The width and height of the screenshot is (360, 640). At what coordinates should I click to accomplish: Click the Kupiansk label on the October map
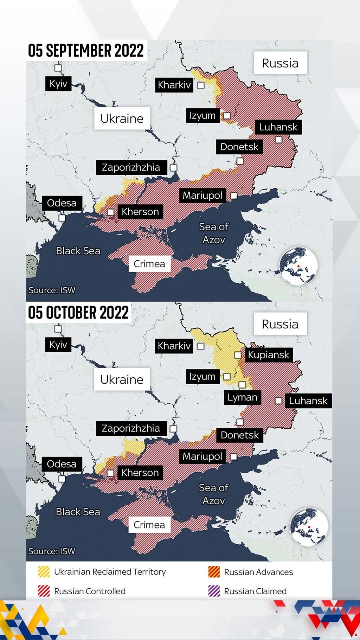268,355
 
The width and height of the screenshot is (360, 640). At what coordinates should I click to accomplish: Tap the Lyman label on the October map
242,398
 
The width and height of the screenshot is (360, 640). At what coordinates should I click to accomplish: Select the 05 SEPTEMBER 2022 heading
86,50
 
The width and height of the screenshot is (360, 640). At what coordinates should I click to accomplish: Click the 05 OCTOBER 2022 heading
78,312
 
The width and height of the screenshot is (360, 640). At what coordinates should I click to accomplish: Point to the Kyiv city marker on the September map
58,68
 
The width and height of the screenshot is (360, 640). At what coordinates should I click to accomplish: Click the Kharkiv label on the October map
174,346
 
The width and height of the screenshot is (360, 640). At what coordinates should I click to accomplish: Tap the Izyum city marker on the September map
227,115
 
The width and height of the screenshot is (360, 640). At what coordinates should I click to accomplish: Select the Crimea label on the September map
149,264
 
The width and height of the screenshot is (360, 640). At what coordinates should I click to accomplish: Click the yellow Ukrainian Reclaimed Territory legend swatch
44,572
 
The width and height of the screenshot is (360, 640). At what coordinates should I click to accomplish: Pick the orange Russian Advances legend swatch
214,572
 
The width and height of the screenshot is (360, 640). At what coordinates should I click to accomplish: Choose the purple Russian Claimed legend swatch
214,591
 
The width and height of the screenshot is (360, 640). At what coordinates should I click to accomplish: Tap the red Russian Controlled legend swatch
44,591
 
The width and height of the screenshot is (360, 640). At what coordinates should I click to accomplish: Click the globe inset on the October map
309,527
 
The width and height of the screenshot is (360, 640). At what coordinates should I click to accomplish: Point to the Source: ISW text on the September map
52,290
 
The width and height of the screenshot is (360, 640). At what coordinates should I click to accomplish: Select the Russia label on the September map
280,63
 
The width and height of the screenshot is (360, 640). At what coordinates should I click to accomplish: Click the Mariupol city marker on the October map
233,457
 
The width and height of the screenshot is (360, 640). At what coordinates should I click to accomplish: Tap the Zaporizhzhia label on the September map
131,167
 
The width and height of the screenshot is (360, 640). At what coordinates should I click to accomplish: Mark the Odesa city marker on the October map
62,479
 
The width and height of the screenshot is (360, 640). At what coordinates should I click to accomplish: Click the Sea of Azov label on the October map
213,494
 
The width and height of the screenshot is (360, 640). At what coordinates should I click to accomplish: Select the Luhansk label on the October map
308,401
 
